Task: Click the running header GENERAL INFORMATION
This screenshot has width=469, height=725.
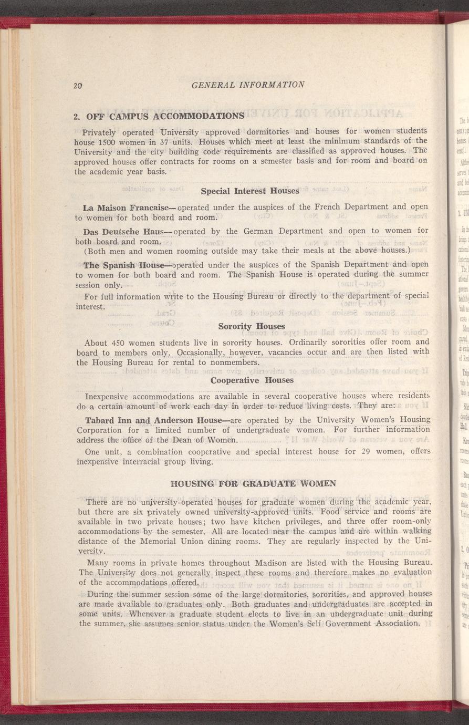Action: (248, 85)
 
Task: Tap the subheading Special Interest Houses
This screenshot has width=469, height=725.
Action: (250, 191)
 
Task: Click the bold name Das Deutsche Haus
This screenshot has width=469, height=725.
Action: (121, 231)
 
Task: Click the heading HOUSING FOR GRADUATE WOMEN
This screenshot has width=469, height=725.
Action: (254, 483)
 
